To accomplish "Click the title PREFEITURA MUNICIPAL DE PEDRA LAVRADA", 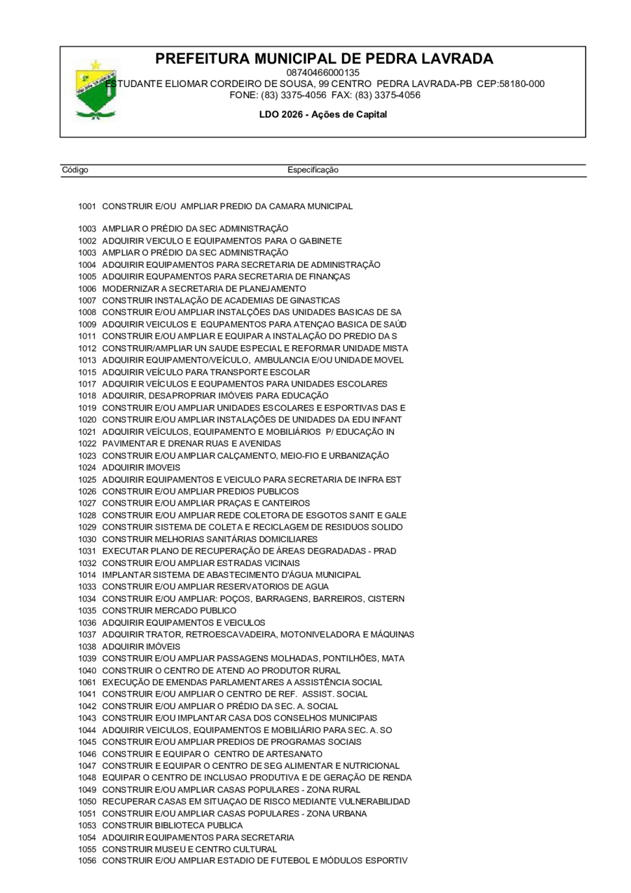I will click(x=324, y=59).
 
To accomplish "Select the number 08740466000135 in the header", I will click(x=323, y=72).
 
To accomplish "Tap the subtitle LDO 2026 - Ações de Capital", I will click(x=323, y=114).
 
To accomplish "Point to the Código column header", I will click(x=75, y=170).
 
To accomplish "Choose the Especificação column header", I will click(x=313, y=170).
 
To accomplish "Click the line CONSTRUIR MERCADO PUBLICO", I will click(x=169, y=610).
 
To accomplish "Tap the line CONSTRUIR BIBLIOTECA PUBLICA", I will click(x=172, y=825).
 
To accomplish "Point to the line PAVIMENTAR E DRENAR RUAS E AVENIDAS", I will click(x=191, y=443).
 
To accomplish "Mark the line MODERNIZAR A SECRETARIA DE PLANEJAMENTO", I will click(x=204, y=288).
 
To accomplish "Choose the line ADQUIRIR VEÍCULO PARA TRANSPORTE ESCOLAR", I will click(x=206, y=372).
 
